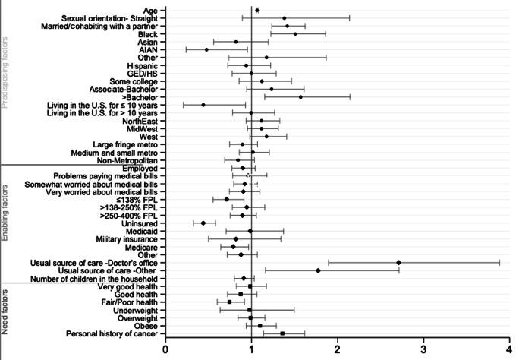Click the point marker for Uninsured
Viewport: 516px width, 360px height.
(x=203, y=223)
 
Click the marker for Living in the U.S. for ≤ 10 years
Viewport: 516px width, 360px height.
(x=203, y=105)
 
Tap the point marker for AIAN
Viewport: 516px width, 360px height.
(x=206, y=49)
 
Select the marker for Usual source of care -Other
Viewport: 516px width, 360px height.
(x=318, y=270)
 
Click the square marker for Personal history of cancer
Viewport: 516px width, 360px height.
(x=282, y=333)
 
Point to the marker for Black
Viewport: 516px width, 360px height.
(x=295, y=34)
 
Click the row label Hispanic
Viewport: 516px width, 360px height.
(x=140, y=65)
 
